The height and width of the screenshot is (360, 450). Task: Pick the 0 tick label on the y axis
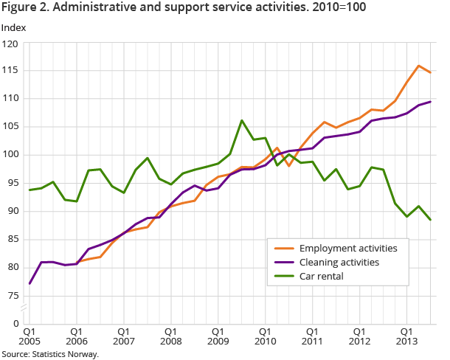tap(15, 324)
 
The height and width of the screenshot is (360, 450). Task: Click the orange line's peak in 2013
tap(418, 66)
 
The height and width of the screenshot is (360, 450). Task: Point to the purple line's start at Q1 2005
tap(30, 283)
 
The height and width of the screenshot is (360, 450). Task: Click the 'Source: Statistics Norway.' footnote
tap(50, 353)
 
